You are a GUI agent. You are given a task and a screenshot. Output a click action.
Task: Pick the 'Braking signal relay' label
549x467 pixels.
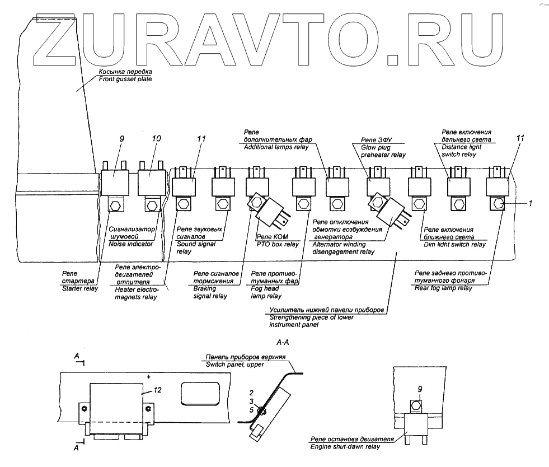tap(210, 287)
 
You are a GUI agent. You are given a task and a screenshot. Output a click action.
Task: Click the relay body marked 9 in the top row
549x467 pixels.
tap(114, 183)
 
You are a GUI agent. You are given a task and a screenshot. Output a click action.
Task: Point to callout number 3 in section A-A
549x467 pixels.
tap(252, 403)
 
